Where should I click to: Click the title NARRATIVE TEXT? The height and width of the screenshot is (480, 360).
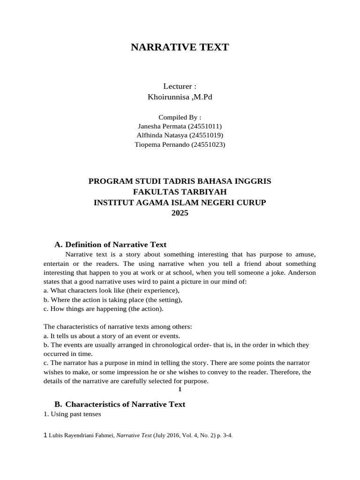pyautogui.click(x=180, y=47)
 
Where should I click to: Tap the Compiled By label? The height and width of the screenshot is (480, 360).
pyautogui.click(x=180, y=117)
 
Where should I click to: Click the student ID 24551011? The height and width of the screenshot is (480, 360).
pyautogui.click(x=204, y=127)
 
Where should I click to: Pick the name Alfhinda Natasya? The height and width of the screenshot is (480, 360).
pyautogui.click(x=158, y=135)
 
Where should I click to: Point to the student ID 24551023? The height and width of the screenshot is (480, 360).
pyautogui.click(x=208, y=145)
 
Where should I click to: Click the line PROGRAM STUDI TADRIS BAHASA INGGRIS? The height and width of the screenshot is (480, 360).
pyautogui.click(x=180, y=181)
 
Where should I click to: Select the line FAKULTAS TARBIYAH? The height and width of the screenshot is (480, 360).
pyautogui.click(x=180, y=192)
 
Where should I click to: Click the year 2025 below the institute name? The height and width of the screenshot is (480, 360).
pyautogui.click(x=180, y=212)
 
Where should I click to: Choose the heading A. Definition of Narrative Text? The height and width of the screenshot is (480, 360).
pyautogui.click(x=111, y=245)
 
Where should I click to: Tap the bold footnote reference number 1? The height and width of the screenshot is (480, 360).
pyautogui.click(x=180, y=390)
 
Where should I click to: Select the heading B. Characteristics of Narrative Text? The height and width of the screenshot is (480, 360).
pyautogui.click(x=120, y=404)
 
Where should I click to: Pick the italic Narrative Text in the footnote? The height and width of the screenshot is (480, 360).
pyautogui.click(x=134, y=435)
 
